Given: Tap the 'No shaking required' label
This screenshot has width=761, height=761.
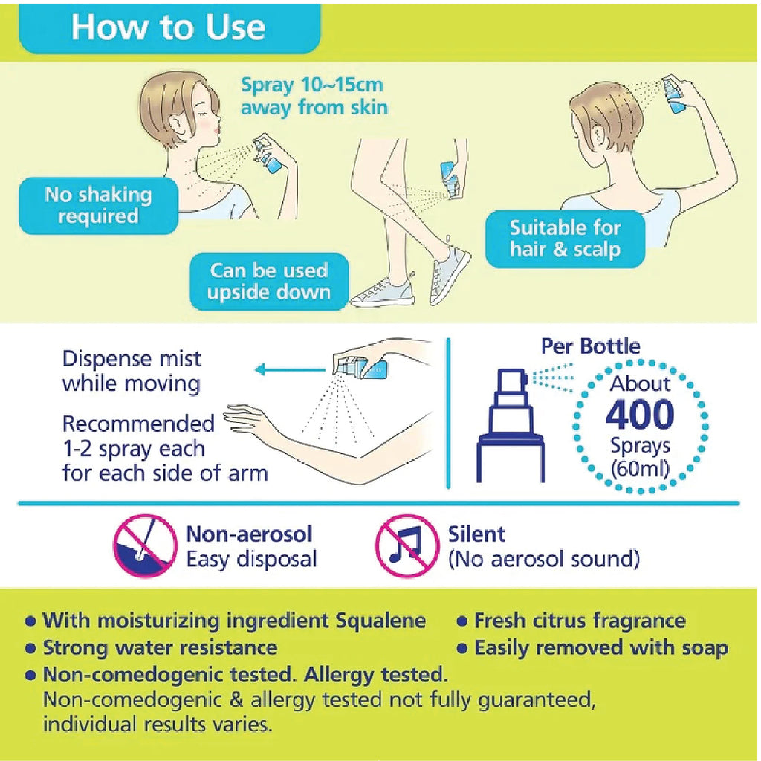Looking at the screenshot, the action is (x=98, y=205).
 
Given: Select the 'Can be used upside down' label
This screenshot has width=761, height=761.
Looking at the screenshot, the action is (x=269, y=282).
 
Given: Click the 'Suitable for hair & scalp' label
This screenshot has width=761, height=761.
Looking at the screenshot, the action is (x=565, y=239).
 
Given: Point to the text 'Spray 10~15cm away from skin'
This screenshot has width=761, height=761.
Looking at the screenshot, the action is (x=314, y=96).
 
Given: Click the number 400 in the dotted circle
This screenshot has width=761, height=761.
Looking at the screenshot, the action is (x=640, y=413).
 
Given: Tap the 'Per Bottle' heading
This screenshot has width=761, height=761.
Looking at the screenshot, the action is (x=590, y=346).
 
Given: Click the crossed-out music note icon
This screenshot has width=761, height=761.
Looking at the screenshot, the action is (x=407, y=545).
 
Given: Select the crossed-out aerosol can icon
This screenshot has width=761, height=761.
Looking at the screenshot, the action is (x=145, y=545).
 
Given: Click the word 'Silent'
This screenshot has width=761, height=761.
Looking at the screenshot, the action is (x=476, y=534).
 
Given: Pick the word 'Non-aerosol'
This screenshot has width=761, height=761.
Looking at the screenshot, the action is (x=249, y=534).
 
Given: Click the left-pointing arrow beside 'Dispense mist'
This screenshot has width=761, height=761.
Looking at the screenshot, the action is (x=290, y=370).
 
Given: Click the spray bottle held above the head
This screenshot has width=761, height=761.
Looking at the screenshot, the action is (x=673, y=94).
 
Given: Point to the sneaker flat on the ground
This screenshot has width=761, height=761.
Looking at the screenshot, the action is (x=383, y=292).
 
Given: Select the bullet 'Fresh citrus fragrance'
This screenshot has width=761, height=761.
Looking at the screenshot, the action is (x=571, y=621).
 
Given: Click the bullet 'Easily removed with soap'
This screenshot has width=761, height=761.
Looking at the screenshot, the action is (x=592, y=648).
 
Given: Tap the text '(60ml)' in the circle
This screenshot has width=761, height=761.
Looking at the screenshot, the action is (x=640, y=469).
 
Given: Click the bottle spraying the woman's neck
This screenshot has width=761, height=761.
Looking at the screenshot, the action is (x=267, y=153).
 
